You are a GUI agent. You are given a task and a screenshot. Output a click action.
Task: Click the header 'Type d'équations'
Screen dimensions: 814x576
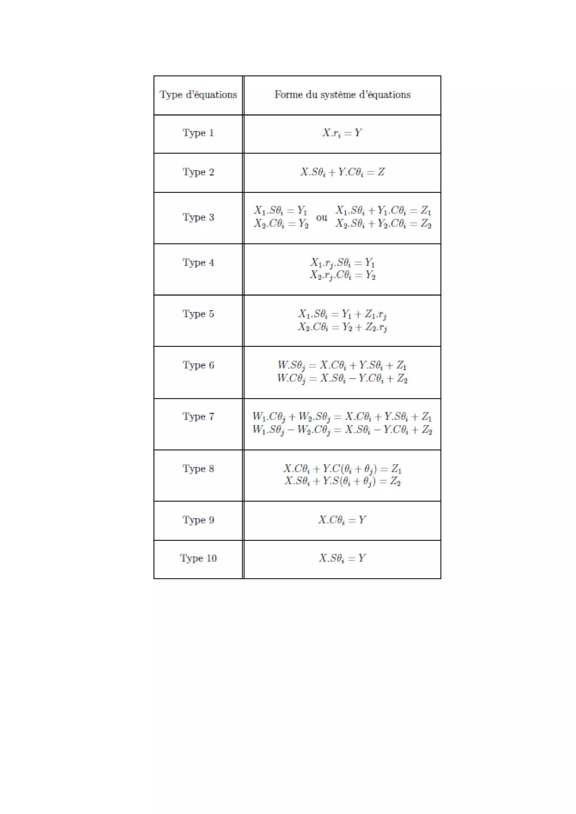198,95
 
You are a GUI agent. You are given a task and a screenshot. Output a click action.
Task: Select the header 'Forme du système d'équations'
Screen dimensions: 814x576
342,95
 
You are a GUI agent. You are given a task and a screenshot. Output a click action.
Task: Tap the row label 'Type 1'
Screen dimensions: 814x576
198,133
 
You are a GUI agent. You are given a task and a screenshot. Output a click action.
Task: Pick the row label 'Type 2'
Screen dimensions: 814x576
198,172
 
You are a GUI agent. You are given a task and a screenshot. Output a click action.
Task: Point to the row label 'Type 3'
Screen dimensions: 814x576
198,217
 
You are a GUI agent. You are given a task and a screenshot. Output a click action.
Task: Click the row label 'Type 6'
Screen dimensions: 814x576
198,365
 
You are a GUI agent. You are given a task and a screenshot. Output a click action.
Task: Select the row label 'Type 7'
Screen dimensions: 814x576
198,416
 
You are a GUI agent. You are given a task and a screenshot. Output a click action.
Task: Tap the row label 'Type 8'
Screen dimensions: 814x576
198,468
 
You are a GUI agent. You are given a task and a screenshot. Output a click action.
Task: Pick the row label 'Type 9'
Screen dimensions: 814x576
198,520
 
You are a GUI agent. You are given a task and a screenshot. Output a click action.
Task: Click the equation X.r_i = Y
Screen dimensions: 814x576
342,133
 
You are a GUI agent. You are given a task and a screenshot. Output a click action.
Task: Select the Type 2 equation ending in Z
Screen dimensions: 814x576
342,172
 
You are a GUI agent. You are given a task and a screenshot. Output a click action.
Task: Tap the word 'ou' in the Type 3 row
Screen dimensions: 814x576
321,217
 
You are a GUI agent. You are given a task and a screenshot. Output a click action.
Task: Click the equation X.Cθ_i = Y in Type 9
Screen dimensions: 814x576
342,520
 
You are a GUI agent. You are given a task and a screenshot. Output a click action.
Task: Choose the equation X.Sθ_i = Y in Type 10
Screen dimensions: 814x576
342,559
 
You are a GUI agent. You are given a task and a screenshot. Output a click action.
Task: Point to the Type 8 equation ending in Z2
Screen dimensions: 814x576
342,481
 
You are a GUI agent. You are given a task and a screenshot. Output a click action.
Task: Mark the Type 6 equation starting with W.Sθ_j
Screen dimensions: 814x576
342,365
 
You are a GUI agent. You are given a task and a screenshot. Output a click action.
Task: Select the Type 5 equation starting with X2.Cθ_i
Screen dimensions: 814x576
342,327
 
